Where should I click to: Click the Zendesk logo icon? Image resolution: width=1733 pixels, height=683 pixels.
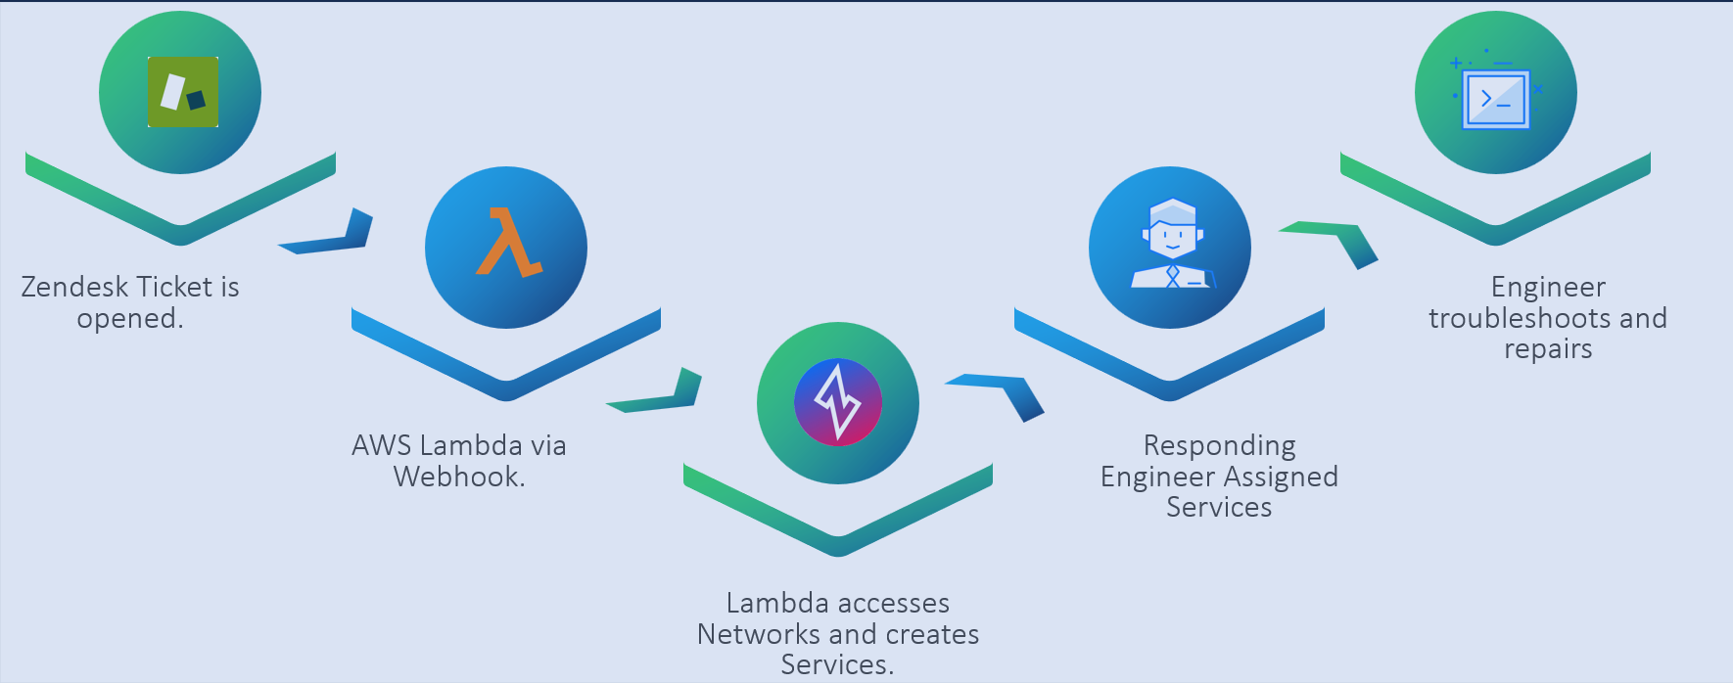pyautogui.click(x=183, y=92)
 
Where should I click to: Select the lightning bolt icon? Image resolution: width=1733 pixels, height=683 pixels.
pyautogui.click(x=838, y=401)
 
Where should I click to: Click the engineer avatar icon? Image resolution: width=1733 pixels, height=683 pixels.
pyautogui.click(x=1171, y=245)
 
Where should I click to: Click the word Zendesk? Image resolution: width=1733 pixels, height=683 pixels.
pyautogui.click(x=74, y=287)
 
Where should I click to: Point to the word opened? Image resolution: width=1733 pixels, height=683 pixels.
pyautogui.click(x=129, y=319)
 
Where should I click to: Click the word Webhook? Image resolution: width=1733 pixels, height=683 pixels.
pyautogui.click(x=458, y=477)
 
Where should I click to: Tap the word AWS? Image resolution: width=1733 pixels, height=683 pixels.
pyautogui.click(x=381, y=445)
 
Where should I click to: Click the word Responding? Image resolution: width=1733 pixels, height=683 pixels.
pyautogui.click(x=1219, y=445)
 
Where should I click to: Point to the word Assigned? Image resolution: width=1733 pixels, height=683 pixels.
pyautogui.click(x=1280, y=477)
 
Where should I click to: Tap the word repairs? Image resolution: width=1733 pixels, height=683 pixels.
pyautogui.click(x=1548, y=349)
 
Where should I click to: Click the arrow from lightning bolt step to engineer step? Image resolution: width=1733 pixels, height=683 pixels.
pyautogui.click(x=1003, y=391)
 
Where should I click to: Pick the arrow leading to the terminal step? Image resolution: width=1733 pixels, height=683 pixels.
pyautogui.click(x=1337, y=240)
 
